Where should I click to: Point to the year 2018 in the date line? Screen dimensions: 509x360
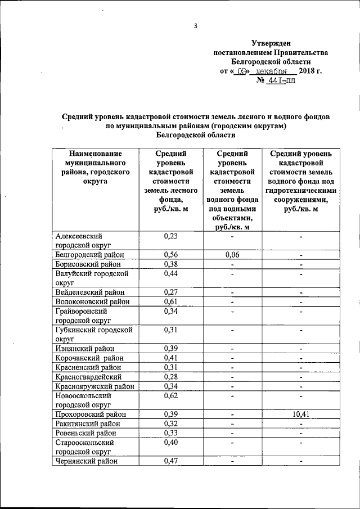coord(308,71)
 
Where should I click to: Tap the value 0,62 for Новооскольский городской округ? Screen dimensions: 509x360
coord(170,396)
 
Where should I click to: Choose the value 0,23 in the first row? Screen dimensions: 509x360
coord(170,236)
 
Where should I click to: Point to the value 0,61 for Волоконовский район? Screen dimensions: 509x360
coord(170,301)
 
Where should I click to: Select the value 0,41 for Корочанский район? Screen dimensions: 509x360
coord(170,358)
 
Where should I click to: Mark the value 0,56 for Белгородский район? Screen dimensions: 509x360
coord(170,255)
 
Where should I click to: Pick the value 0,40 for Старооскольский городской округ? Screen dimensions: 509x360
coord(170,443)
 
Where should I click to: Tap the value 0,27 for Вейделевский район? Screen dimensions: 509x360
coord(170,292)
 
